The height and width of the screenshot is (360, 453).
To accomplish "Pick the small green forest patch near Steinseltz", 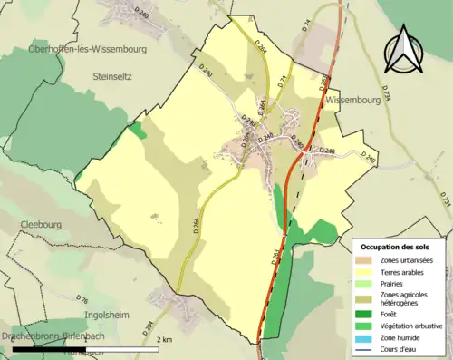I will point(136,131).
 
